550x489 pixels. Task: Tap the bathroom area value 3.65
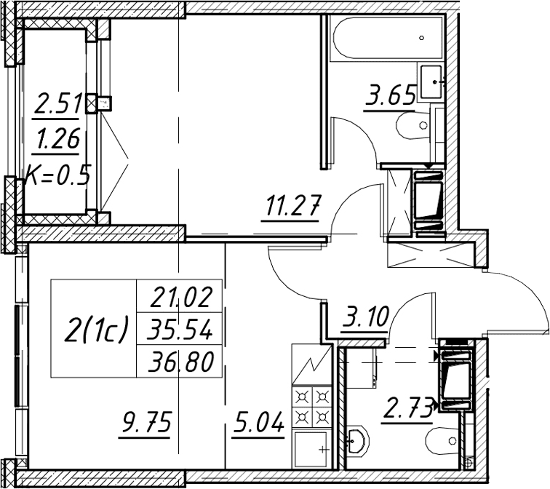click(390, 95)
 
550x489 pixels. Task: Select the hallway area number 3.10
click(364, 316)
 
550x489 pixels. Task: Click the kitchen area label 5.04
click(258, 422)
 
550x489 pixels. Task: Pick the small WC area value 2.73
click(407, 410)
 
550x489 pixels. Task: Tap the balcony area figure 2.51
click(58, 103)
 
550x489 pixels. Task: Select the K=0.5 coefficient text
click(58, 175)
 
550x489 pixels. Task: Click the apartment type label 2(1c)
click(95, 329)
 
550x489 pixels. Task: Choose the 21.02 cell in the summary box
click(181, 297)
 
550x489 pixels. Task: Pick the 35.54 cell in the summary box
click(180, 330)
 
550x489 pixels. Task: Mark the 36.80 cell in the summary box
click(180, 362)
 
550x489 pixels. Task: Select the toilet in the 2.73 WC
click(442, 441)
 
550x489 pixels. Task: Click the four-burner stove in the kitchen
click(311, 407)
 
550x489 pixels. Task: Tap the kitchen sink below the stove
click(311, 449)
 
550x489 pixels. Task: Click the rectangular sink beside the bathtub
click(431, 81)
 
